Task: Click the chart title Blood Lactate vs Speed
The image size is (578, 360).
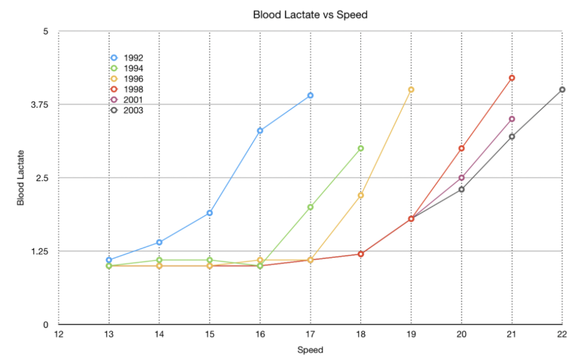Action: pos(310,15)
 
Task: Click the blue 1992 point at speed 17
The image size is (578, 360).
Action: pos(310,95)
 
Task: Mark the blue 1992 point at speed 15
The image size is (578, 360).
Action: pos(209,213)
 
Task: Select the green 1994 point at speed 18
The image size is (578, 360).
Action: pos(361,148)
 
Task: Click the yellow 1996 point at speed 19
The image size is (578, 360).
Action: pos(411,90)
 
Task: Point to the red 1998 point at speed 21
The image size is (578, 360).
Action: pos(512,78)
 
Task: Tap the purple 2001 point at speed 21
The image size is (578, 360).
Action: pos(512,119)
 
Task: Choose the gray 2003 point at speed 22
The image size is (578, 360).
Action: pos(562,90)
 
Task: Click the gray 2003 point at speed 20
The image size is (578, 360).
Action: pos(462,189)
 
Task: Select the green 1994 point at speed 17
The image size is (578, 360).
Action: pos(310,207)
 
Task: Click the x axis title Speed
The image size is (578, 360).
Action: pos(310,350)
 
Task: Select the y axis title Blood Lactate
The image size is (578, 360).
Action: pos(21,177)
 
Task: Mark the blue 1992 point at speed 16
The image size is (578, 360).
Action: pos(260,130)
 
